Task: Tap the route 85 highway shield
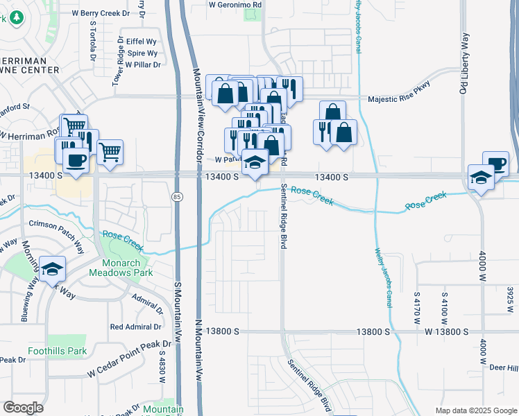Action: click(178, 198)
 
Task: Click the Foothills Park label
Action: click(58, 351)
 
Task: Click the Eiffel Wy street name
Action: click(141, 42)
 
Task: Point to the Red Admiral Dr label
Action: click(135, 327)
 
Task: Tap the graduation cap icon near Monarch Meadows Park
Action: click(52, 269)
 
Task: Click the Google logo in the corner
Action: click(23, 408)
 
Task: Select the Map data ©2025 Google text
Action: click(475, 410)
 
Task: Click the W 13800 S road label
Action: click(452, 332)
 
